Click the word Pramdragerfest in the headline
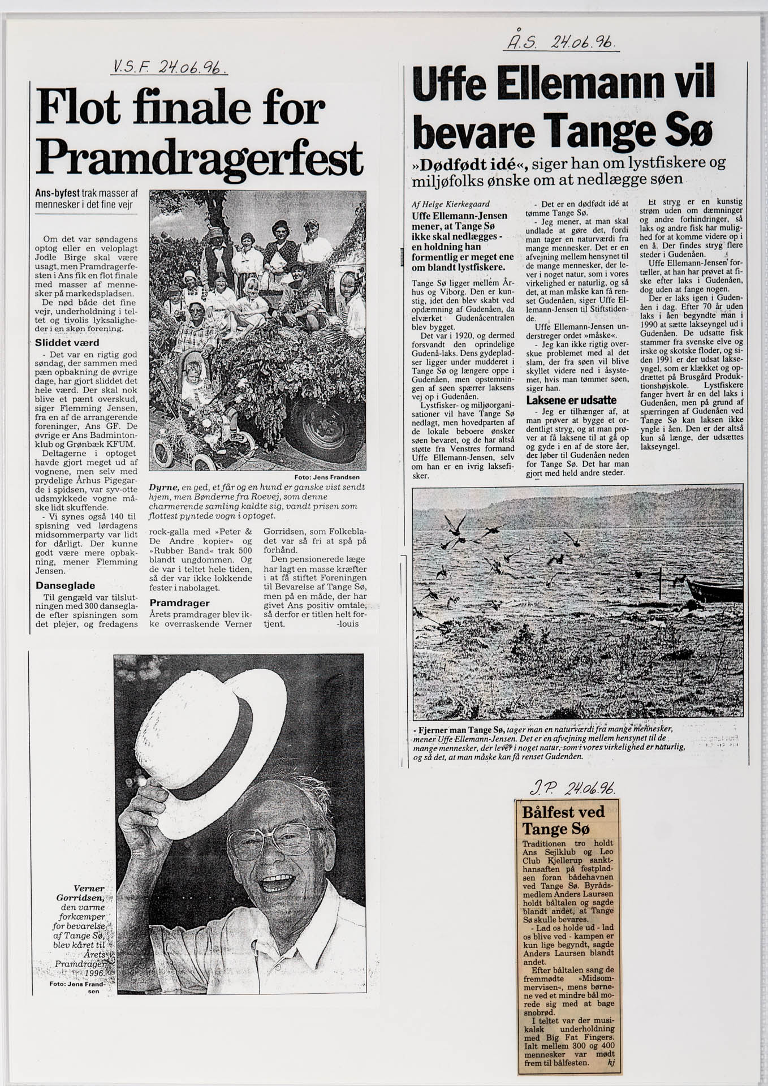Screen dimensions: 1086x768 [199, 156]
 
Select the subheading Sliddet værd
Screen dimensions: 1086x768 [67, 343]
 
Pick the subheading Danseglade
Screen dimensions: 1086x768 [65, 585]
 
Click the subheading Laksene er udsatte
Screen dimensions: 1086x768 [571, 400]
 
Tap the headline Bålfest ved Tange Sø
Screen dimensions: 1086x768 [563, 821]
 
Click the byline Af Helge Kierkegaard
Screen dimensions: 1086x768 [451, 204]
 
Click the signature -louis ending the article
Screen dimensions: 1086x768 [347, 624]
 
